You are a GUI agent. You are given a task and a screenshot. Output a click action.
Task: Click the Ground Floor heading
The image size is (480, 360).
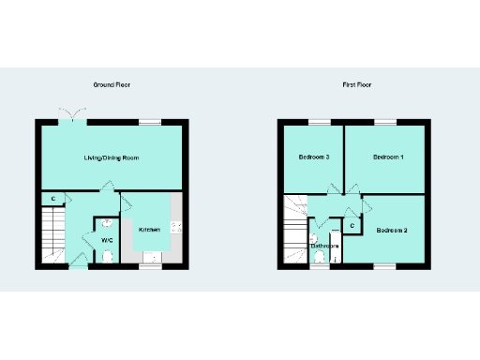tap(112, 85)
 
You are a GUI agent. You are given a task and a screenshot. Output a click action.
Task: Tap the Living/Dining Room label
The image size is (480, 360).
tap(112, 158)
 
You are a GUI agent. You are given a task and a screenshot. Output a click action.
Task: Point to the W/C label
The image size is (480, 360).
tap(107, 240)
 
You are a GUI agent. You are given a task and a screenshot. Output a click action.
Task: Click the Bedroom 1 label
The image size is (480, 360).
tap(388, 157)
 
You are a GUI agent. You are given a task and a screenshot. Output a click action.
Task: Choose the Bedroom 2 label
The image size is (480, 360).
tap(392, 230)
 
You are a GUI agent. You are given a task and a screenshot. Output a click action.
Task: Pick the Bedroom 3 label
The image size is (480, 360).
tap(313, 157)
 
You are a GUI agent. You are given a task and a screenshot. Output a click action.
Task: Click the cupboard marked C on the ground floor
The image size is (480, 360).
tap(53, 199)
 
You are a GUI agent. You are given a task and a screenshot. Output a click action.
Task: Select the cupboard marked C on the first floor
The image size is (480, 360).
tap(352, 225)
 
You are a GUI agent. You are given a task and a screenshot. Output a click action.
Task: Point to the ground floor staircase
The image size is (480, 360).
tap(52, 234)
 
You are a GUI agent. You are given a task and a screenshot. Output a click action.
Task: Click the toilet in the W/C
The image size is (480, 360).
tap(107, 255)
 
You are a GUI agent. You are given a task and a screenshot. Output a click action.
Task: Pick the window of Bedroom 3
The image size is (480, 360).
tap(312, 121)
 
